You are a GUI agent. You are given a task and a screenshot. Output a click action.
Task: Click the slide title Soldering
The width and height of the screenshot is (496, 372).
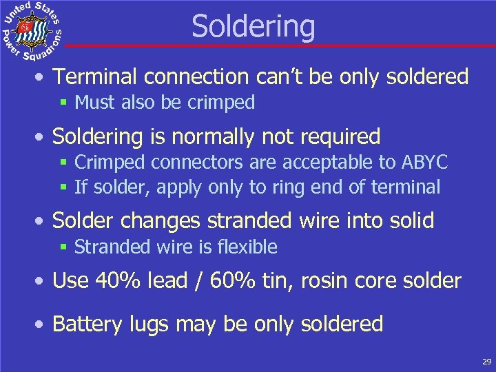(253, 27)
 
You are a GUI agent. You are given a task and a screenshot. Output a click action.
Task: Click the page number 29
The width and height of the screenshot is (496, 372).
(486, 361)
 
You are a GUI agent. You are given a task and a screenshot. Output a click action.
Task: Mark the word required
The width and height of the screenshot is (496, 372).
(342, 136)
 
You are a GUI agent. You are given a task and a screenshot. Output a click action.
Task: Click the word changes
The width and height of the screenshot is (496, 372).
(170, 220)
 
